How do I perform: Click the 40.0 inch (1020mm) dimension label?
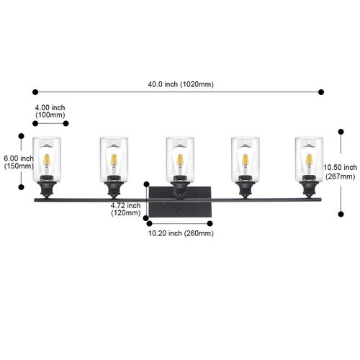[x=181, y=84]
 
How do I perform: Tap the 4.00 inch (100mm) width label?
[x=50, y=111]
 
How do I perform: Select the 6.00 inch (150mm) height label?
[x=19, y=162]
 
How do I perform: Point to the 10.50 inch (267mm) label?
[x=341, y=172]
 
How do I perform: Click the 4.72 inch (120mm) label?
[x=125, y=209]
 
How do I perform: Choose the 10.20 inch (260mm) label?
[x=181, y=233]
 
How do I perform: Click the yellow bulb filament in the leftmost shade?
[x=47, y=160]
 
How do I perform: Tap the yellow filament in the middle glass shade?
[x=180, y=160]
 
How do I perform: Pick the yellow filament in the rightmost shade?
[x=309, y=160]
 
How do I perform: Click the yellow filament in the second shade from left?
[x=114, y=160]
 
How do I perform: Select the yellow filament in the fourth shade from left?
[x=246, y=160]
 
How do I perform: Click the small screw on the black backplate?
[x=179, y=210]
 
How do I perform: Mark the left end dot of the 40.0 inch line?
[x=35, y=92]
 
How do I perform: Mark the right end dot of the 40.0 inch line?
[x=321, y=92]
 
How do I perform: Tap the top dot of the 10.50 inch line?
[x=341, y=132]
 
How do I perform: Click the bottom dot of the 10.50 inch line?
[x=341, y=214]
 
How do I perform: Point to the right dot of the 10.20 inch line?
[x=210, y=224]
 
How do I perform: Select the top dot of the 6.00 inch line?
[x=22, y=136]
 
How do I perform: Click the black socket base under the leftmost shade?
[x=47, y=187]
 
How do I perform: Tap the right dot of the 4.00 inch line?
[x=66, y=123]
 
